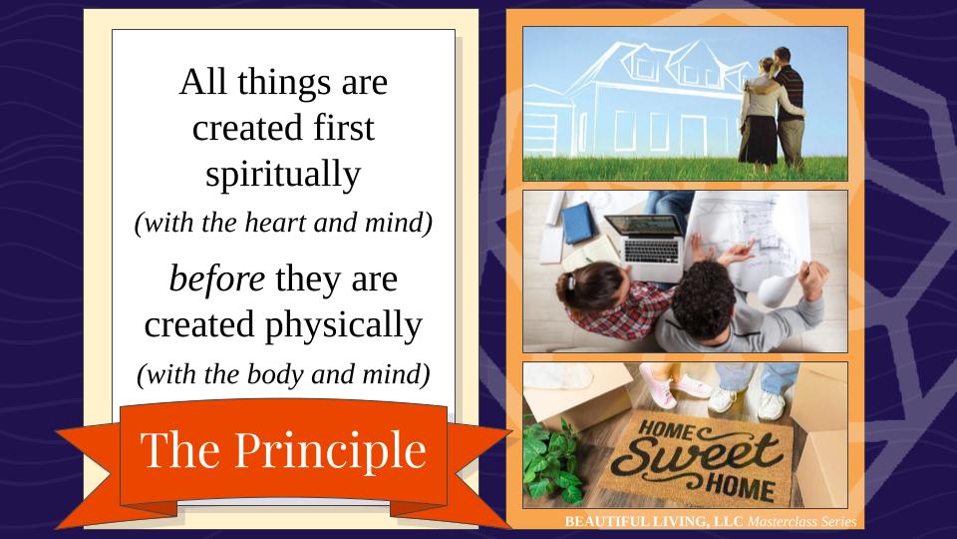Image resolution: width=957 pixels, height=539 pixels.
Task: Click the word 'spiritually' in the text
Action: pos(283,175)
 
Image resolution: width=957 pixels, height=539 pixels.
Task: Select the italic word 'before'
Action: pos(217,278)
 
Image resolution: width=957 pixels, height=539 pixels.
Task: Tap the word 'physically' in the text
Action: pos(344,325)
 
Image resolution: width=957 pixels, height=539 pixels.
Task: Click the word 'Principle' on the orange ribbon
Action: pos(330,451)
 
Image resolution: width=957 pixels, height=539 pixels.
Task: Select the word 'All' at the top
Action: pos(202,81)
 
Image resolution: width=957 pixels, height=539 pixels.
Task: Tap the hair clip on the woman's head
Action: pos(572,281)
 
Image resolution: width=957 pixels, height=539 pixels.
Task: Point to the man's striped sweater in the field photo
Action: pos(790,93)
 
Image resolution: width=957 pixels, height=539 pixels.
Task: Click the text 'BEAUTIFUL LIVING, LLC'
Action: pos(654,521)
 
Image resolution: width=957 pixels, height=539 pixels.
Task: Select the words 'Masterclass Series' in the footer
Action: pos(801,521)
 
